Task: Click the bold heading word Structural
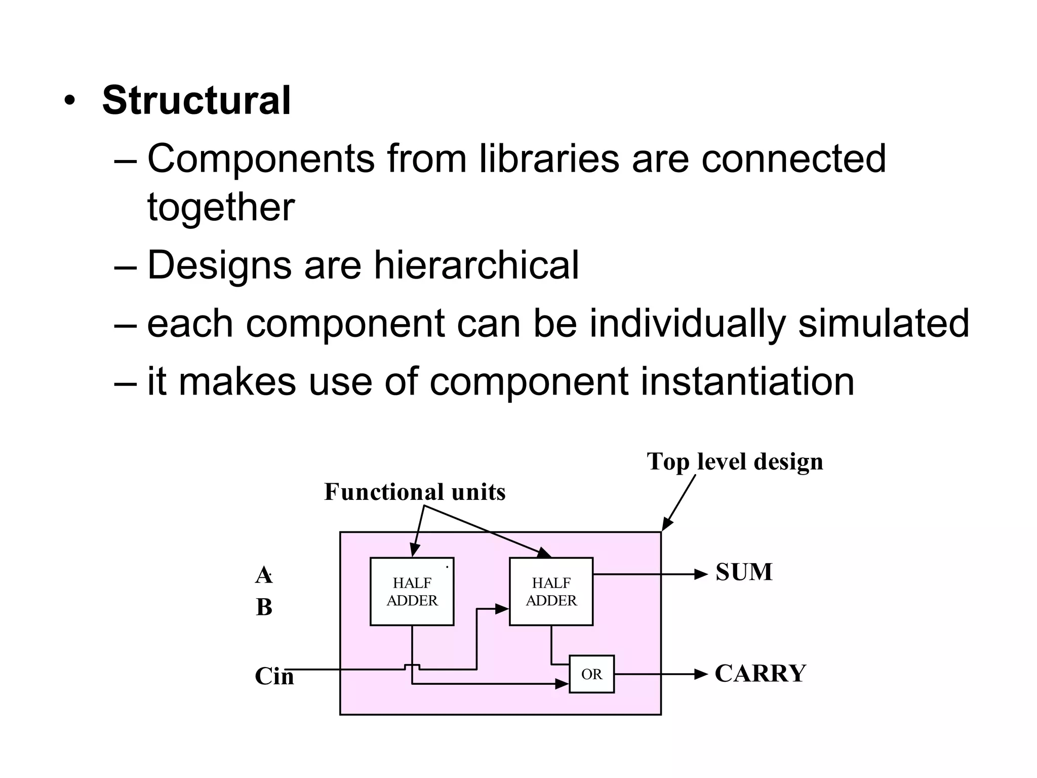(196, 101)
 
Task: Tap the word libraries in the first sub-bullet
(549, 159)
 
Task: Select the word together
(221, 208)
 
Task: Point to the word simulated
(883, 323)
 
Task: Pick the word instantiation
(747, 381)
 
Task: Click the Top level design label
(735, 462)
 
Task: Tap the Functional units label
(415, 492)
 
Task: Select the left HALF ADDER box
(412, 592)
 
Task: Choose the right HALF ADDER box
(551, 592)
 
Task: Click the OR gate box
(591, 674)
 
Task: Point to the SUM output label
(744, 572)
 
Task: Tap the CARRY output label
(760, 674)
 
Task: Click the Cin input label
(274, 676)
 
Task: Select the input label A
(263, 575)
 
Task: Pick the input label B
(264, 607)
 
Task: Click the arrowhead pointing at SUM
(701, 574)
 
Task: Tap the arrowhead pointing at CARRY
(701, 674)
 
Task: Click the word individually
(687, 323)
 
